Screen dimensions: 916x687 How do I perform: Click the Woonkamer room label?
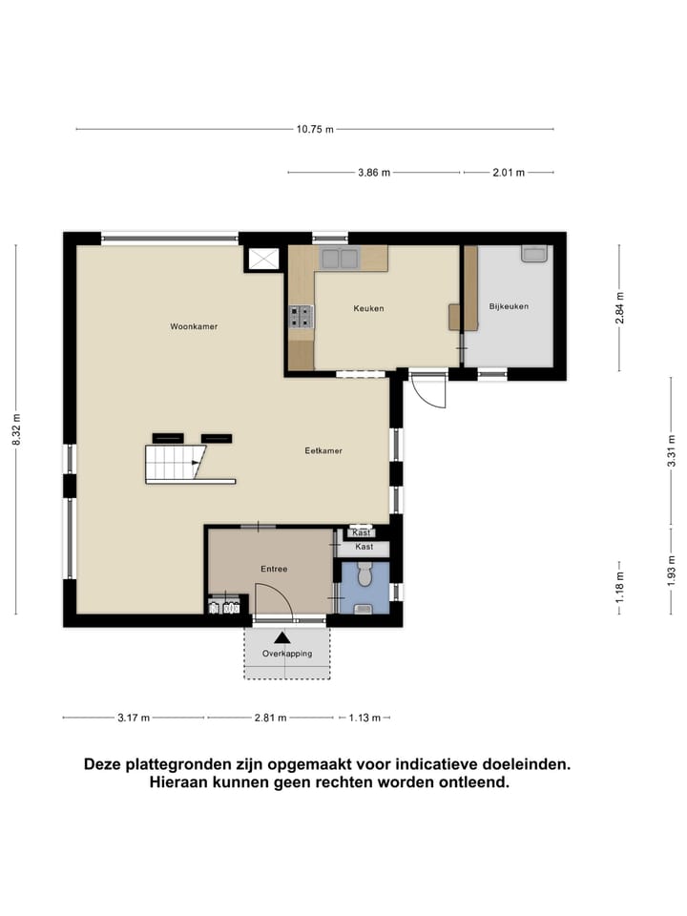194,326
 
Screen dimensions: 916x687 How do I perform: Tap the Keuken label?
368,308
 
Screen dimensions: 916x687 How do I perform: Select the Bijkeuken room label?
509,306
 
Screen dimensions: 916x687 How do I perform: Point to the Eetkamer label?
323,450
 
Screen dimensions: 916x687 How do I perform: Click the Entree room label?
274,569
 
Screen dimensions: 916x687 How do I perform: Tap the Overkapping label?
287,654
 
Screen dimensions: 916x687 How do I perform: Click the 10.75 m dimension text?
315,129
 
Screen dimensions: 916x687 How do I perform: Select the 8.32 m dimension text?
16,429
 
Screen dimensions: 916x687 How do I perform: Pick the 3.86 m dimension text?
374,173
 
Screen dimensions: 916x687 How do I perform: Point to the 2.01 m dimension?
508,173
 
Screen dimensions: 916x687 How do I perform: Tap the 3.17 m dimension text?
134,718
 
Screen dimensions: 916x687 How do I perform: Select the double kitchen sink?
339,258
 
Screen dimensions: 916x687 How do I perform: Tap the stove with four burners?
301,316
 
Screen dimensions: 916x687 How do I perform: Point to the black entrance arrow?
282,637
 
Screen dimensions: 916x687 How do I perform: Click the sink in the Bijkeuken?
533,254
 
